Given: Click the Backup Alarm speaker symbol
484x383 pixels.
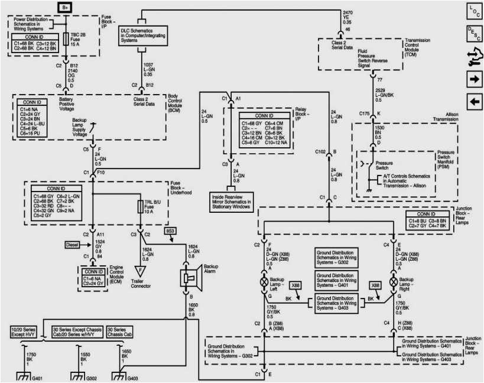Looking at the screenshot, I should click(x=191, y=278).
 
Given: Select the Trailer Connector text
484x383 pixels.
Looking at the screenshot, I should click(x=141, y=283).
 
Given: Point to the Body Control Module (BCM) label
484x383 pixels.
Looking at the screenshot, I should click(x=177, y=102).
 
